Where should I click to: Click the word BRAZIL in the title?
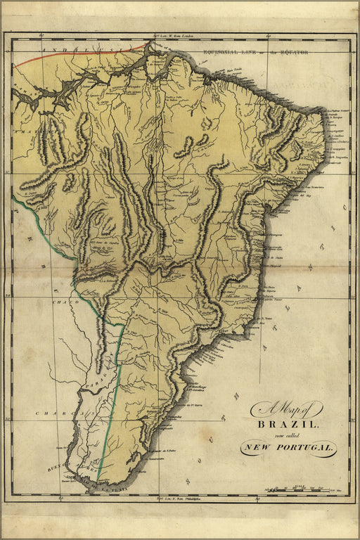[x=289, y=425]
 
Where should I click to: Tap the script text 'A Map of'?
[x=286, y=409]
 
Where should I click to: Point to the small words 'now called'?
[x=288, y=435]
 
